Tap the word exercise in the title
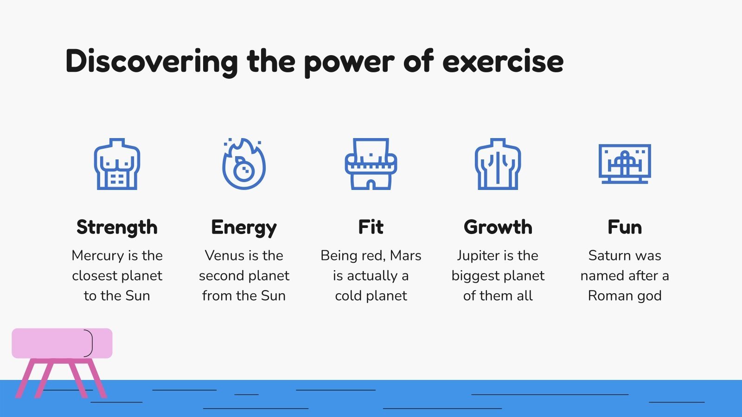tap(503, 62)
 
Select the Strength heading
tap(117, 227)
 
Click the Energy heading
tap(244, 227)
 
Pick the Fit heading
tap(371, 227)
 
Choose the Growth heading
tap(498, 227)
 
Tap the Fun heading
tap(625, 227)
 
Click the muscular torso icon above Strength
tap(117, 164)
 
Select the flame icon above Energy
tap(244, 164)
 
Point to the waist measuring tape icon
tap(371, 164)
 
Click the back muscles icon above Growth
tap(498, 164)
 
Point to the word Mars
tap(406, 255)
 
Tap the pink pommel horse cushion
tap(62, 343)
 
